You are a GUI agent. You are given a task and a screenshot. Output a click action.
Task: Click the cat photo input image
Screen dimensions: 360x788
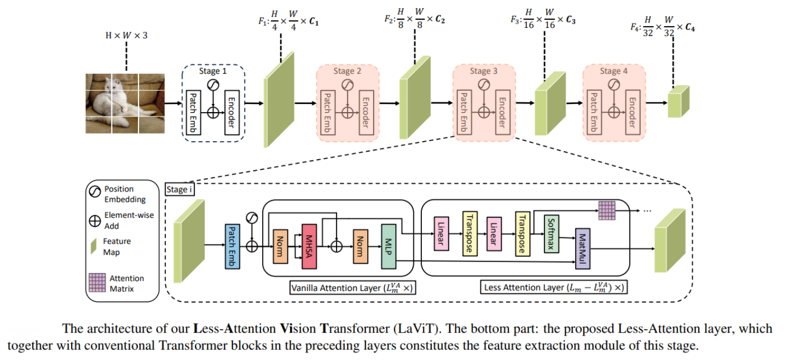[124, 103]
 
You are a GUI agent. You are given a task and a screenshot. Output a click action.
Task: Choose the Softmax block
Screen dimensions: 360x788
[551, 233]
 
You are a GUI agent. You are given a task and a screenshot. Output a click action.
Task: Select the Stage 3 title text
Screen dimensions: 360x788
[484, 71]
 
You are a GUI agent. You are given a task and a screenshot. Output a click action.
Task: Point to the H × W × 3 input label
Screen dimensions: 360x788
[126, 36]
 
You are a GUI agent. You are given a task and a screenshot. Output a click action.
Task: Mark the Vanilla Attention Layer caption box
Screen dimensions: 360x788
[352, 288]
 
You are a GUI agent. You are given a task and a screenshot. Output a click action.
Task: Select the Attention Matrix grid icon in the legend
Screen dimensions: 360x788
[97, 283]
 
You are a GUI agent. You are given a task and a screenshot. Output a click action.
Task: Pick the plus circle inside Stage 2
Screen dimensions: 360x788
[346, 110]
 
